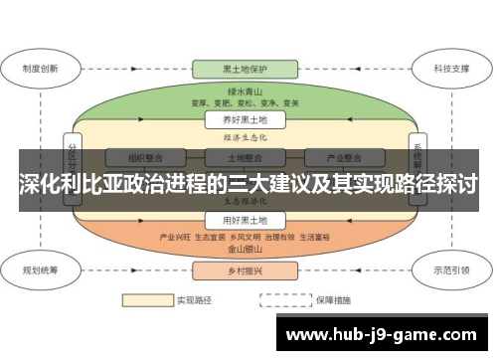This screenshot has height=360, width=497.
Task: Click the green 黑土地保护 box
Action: pyautogui.click(x=244, y=70)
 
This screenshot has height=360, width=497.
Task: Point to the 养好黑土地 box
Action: pyautogui.click(x=244, y=119)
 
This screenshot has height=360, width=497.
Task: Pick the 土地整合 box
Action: pyautogui.click(x=244, y=157)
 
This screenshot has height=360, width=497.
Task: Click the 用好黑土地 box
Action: pyautogui.click(x=244, y=220)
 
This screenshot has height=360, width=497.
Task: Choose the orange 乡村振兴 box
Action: pyautogui.click(x=244, y=270)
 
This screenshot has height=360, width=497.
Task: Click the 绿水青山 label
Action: pyautogui.click(x=244, y=89)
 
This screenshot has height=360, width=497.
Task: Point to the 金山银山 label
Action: pyautogui.click(x=244, y=251)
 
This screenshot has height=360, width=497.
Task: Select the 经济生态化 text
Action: pyautogui.click(x=244, y=138)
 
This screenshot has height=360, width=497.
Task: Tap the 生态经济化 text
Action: pyautogui.click(x=244, y=201)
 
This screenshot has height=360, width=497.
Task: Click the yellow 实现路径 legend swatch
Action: pyautogui.click(x=146, y=298)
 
